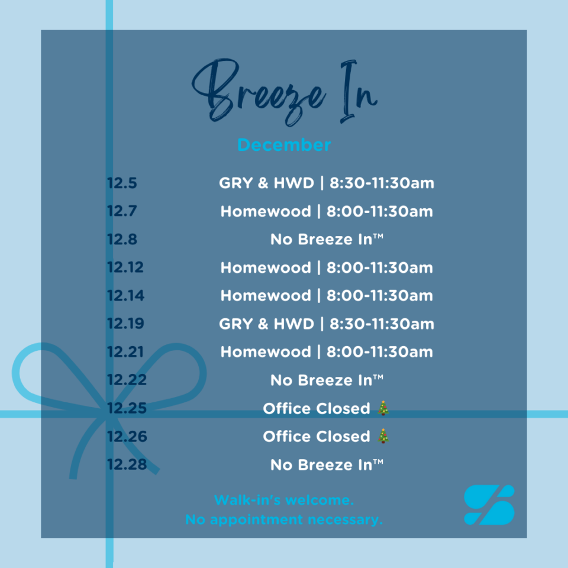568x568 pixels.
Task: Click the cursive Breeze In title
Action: (x=285, y=92)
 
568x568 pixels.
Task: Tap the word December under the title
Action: (x=284, y=145)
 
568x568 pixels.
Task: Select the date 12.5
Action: (x=122, y=183)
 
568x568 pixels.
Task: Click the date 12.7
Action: (x=122, y=211)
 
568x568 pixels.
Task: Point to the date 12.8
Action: (x=122, y=239)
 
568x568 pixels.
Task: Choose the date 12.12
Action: (x=125, y=267)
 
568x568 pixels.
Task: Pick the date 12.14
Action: (x=125, y=296)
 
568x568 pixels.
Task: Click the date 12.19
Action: (x=125, y=324)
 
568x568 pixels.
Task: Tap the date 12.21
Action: (x=125, y=351)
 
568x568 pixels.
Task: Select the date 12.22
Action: (x=127, y=380)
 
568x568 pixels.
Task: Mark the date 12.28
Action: (x=127, y=464)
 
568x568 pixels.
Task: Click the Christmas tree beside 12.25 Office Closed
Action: (x=383, y=408)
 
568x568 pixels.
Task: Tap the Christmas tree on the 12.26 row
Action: (x=383, y=436)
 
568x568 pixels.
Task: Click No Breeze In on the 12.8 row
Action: (x=327, y=239)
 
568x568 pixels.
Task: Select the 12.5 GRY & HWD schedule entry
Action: (x=327, y=183)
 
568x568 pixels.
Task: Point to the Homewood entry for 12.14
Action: (x=327, y=296)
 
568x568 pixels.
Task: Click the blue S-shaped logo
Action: (x=489, y=505)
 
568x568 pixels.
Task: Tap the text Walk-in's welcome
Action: (x=284, y=501)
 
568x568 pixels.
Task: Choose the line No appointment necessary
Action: (x=284, y=519)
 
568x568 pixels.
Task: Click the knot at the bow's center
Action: (x=108, y=413)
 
